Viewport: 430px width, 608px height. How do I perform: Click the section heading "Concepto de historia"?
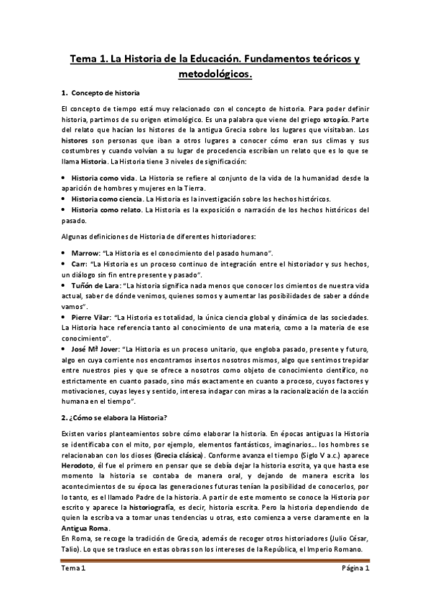[x=106, y=94]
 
